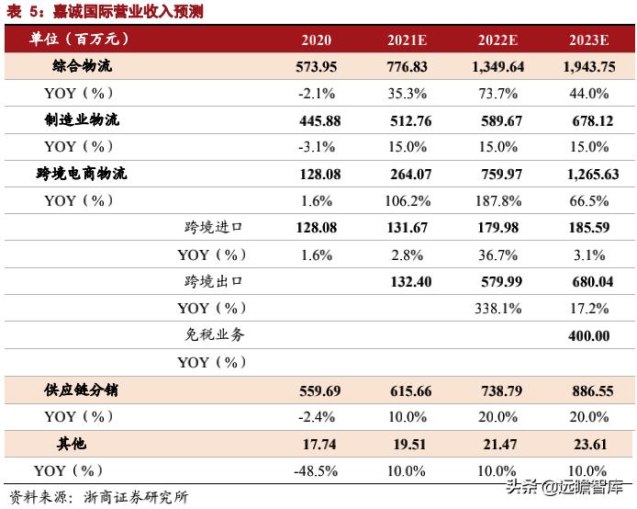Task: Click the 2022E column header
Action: tap(498, 40)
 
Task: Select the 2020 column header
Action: tap(316, 40)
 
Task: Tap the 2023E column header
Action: tap(588, 40)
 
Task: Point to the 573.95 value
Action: tap(318, 67)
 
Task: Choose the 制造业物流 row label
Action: tap(82, 120)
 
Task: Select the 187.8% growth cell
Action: tap(499, 201)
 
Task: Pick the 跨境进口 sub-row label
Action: tap(214, 228)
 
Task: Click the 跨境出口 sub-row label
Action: tap(214, 281)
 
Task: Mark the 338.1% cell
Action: tap(499, 309)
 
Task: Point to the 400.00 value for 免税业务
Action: tap(588, 336)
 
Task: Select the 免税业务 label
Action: tap(214, 335)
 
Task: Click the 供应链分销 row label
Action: tap(82, 390)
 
